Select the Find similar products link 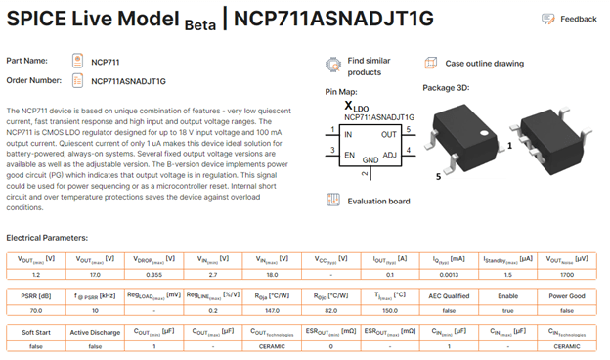[363, 67]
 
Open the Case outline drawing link [484, 63]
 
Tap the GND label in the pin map [370, 158]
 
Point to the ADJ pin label [389, 154]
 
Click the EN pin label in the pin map [348, 154]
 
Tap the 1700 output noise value [566, 275]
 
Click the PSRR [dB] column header [36, 295]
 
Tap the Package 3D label [448, 89]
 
